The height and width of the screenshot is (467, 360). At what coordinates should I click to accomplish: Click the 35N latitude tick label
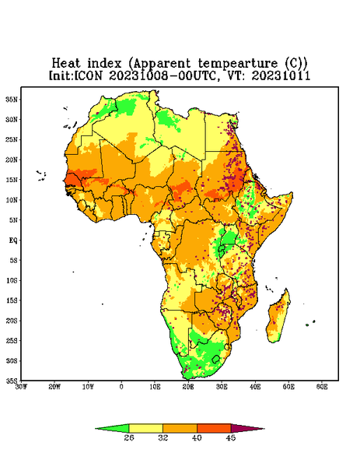coord(11,99)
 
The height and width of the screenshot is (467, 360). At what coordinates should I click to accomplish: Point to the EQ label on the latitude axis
coord(12,240)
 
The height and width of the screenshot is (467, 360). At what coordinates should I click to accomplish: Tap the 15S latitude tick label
coord(11,300)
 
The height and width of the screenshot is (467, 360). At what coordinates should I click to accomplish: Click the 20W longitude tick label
coord(54,387)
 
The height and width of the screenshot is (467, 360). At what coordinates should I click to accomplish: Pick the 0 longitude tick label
coord(121,387)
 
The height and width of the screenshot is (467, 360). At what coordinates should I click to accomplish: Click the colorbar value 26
coord(129,437)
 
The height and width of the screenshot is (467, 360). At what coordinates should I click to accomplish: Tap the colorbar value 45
coord(231,437)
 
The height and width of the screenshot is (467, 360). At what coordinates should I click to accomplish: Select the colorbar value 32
coord(163,437)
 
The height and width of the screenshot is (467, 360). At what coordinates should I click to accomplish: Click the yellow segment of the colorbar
coord(145,428)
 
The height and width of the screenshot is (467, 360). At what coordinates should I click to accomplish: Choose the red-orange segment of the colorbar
coord(214,428)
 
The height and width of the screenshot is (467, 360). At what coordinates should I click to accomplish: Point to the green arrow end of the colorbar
coord(112,428)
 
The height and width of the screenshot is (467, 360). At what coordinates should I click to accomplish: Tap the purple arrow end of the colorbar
coord(247,428)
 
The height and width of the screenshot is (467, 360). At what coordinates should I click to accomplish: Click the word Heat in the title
coord(66,64)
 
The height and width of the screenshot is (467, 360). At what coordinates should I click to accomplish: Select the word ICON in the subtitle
coord(89,75)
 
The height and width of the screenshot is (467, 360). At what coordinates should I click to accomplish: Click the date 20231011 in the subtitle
coord(281,75)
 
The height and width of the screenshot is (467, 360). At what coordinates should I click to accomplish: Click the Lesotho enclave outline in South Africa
coord(216,359)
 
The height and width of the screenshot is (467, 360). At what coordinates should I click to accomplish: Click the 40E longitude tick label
coord(255,387)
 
